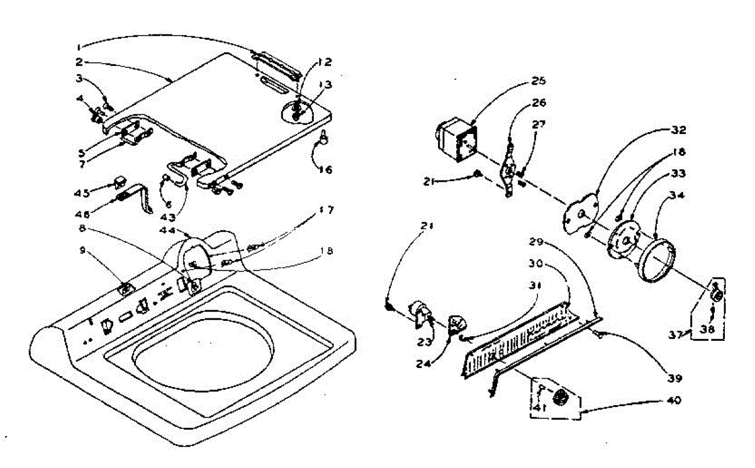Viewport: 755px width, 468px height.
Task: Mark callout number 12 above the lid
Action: [x=324, y=62]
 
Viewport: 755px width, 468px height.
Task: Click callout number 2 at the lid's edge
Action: [x=79, y=62]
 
